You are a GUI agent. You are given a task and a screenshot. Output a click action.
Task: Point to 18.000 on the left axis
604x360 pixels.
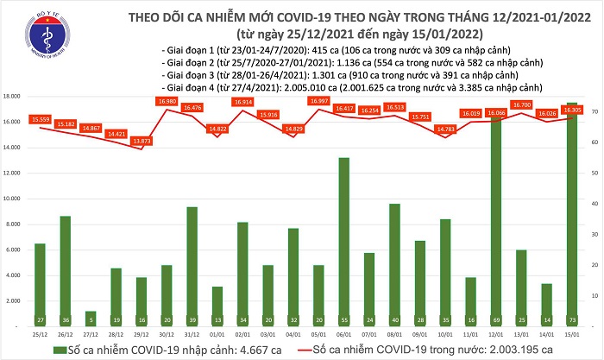11,97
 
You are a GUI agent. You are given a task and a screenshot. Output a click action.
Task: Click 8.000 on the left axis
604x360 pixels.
13,224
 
